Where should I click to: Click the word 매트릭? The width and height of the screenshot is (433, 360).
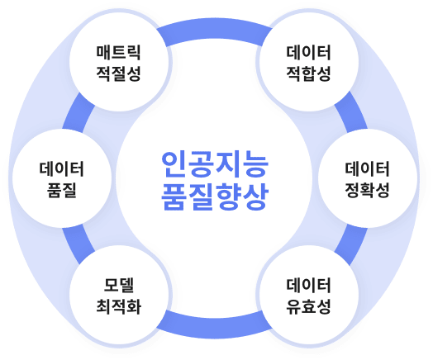pos(119,52)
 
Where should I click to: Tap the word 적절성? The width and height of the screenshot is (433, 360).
pos(119,73)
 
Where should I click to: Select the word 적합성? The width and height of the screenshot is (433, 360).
pos(308,73)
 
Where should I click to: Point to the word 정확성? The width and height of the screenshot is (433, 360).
pos(367,190)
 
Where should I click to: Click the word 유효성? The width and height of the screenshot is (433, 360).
pos(308,306)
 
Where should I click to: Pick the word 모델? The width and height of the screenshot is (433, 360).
pos(119,285)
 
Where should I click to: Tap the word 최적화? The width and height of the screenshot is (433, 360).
pos(119,306)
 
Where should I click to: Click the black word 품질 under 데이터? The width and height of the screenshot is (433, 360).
pos(62,190)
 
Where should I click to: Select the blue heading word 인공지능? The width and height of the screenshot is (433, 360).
pos(215,164)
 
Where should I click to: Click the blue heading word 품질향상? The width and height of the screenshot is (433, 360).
pos(215,197)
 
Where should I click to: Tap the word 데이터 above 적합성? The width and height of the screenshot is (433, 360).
pos(308,52)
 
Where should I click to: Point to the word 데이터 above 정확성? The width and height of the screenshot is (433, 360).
pos(367,168)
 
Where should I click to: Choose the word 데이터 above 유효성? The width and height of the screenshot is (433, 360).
pos(308,285)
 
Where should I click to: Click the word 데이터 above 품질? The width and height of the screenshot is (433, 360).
pos(62,168)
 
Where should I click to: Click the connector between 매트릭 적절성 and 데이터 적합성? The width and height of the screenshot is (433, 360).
pos(214,31)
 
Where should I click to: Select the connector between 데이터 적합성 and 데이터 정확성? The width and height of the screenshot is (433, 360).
pos(351,111)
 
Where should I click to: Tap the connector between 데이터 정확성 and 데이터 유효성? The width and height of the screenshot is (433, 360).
pos(351,245)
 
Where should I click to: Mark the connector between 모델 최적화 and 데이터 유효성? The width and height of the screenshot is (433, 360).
pos(214,325)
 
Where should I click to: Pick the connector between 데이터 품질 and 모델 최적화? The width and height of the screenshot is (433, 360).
pos(79,244)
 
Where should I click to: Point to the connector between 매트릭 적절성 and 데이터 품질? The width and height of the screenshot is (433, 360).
pos(79,112)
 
